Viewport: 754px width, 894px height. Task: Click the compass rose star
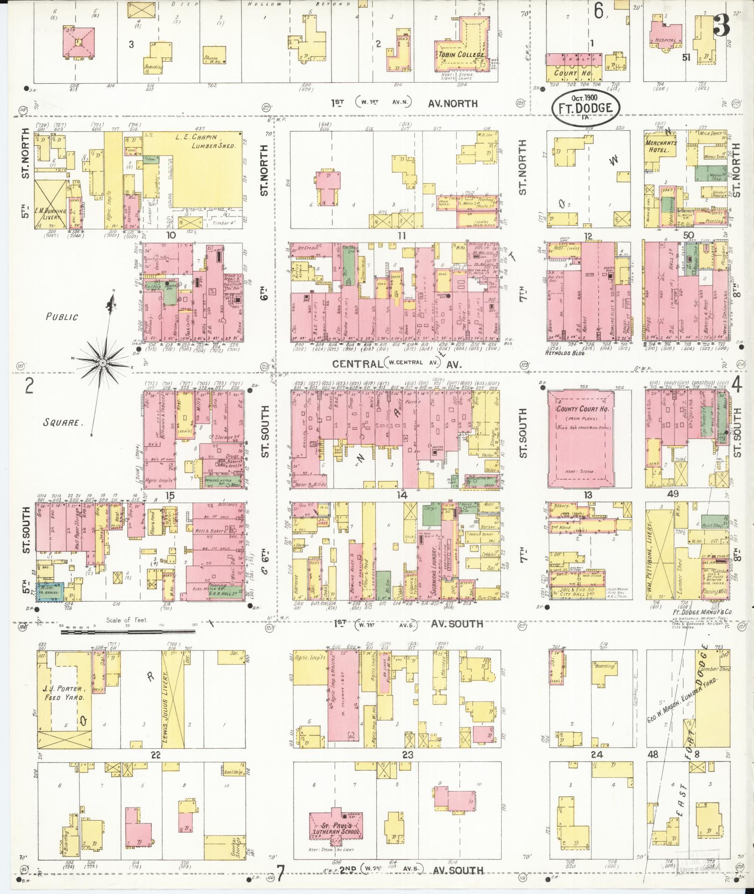(102, 362)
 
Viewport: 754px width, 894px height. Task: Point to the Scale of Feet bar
(128, 632)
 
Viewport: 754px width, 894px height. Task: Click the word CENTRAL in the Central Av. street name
(357, 364)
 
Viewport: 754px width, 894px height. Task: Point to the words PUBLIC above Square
(62, 316)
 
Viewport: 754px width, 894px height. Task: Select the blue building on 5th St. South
(50, 591)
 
